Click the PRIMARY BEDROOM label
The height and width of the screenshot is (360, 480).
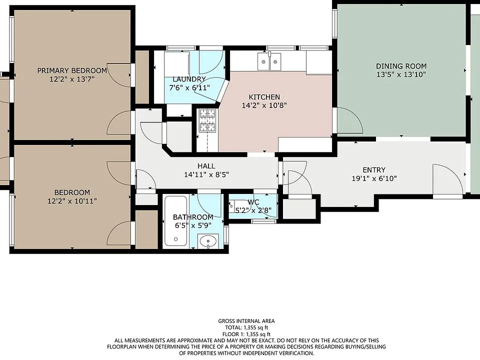(72, 70)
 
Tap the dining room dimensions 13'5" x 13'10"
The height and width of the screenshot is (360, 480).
(401, 74)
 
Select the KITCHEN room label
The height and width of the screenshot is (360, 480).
(264, 97)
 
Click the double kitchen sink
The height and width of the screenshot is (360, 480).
(269, 61)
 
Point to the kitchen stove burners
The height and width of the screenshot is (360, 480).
(207, 120)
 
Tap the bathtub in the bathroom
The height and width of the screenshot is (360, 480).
(175, 221)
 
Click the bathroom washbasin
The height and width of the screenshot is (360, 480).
(208, 241)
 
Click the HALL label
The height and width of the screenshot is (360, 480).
(206, 166)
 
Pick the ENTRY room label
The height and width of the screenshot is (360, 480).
(374, 170)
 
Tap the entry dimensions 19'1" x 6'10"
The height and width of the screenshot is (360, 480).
(374, 178)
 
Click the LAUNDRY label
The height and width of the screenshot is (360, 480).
(189, 79)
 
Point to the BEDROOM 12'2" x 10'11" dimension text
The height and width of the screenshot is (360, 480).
(72, 201)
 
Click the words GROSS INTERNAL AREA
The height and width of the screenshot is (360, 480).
(246, 321)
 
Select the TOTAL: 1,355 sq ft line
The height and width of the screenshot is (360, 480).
(246, 328)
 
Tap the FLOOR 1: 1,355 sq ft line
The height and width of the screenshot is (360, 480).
(246, 334)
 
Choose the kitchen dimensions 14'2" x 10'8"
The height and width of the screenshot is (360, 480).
(264, 105)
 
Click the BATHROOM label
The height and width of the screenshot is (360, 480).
(193, 217)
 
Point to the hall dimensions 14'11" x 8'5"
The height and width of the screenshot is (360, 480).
(206, 175)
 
